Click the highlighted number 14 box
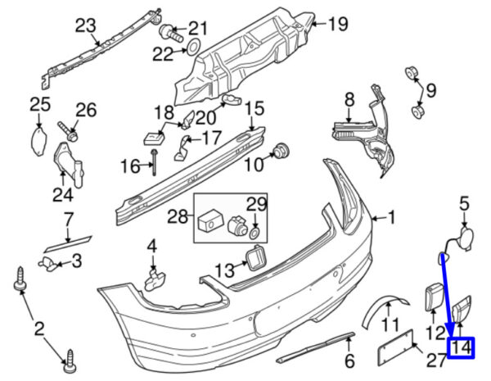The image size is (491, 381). (462, 347)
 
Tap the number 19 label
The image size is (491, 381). (338, 23)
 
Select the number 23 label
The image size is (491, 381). (86, 25)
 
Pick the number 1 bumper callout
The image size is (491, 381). (390, 218)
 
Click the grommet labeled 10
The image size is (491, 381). (283, 151)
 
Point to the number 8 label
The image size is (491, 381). (349, 99)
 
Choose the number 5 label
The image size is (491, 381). (464, 202)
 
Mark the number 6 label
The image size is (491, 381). (349, 361)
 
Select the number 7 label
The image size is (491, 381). (69, 220)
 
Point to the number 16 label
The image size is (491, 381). (131, 166)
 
